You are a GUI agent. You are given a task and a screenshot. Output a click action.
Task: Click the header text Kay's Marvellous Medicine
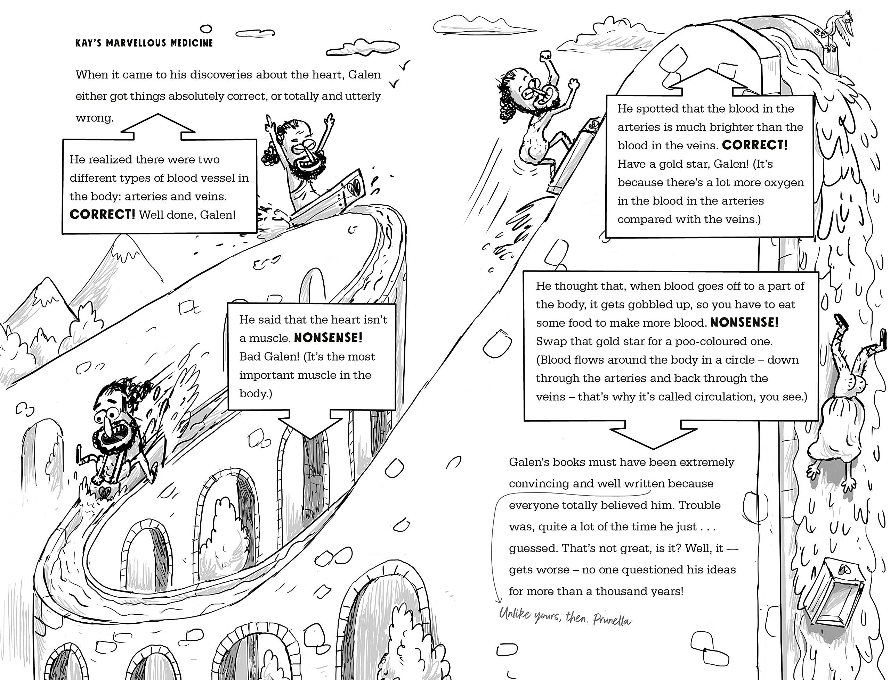pos(144,43)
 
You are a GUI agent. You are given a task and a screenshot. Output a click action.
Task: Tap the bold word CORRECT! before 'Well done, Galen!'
pos(102,215)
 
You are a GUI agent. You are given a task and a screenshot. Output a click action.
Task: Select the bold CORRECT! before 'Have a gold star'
pos(755,145)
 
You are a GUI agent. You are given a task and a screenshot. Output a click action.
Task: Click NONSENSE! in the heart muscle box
pos(328,338)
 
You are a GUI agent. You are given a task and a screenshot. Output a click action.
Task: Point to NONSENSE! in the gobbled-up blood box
pos(744,323)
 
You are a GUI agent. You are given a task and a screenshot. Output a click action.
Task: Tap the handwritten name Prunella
pos(612,620)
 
